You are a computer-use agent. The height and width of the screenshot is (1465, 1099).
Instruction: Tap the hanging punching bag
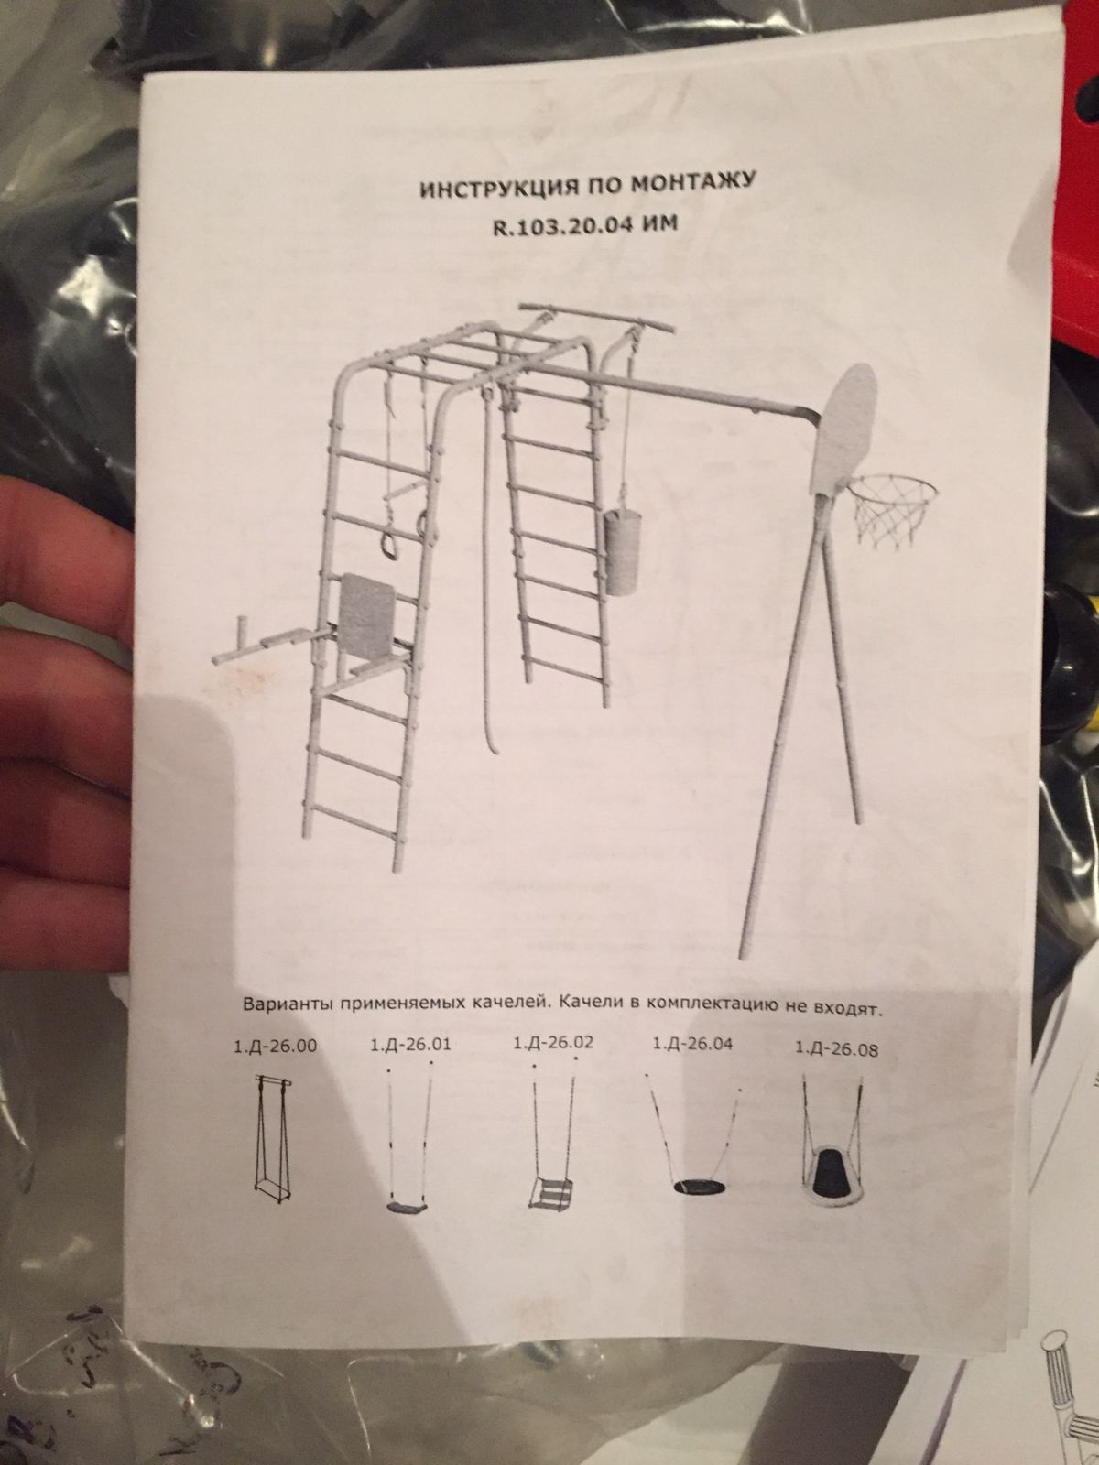[621, 551]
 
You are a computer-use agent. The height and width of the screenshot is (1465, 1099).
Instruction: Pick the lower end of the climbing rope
[495, 750]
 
